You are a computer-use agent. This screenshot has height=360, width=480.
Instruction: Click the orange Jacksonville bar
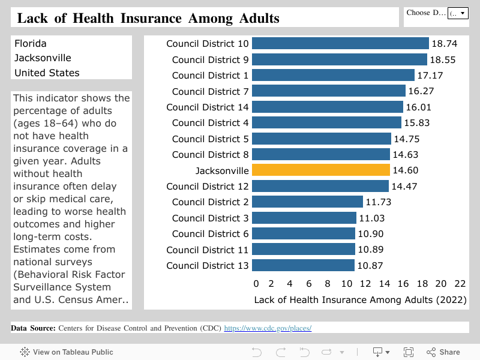tap(320, 170)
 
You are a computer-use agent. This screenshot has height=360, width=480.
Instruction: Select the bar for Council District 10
tap(340, 44)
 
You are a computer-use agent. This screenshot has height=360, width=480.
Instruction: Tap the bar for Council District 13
tap(303, 265)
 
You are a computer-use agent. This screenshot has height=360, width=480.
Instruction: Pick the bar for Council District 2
tap(307, 202)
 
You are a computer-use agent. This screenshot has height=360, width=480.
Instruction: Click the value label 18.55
tap(443, 59)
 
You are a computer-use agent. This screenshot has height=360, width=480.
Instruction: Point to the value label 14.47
tap(404, 186)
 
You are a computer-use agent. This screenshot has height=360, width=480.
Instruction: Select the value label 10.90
tap(370, 234)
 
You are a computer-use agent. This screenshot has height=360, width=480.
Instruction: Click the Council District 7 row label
tap(210, 91)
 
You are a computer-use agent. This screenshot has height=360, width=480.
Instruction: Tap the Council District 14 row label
tap(207, 107)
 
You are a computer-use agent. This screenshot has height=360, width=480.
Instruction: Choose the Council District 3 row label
tap(210, 218)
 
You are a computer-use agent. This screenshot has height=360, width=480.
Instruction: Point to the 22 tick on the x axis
tap(460, 284)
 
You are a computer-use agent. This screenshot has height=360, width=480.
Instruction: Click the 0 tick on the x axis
tap(256, 284)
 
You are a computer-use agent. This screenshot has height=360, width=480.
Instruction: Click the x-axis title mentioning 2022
tap(361, 299)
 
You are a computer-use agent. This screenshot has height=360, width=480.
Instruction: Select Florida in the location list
tap(31, 43)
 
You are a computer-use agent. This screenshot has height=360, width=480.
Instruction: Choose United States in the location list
tap(47, 73)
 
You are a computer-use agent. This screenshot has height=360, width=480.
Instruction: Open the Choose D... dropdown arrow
tap(462, 13)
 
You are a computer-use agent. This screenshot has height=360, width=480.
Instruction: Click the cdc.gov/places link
tap(268, 328)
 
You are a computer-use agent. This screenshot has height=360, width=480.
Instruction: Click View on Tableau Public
tap(67, 352)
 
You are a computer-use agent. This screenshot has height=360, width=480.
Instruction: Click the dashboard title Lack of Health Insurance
tap(148, 18)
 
